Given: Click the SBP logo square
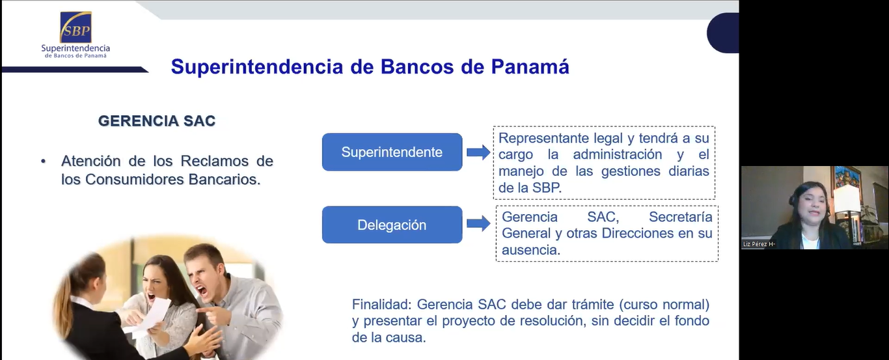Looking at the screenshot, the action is pos(75,27).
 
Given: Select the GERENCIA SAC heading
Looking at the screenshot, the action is pos(157,120).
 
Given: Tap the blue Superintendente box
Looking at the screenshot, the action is pos(392,152).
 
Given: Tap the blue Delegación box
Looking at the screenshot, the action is pos(392,225).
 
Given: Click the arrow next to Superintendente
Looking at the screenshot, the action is pos(478,152).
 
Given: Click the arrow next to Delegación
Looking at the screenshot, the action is pos(478,223).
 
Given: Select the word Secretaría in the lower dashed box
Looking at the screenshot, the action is pos(680,217).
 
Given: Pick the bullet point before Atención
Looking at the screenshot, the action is pos(43,161).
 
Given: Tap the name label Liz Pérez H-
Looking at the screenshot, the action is pos(759,244).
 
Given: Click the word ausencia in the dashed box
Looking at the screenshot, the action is pos(531,250).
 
